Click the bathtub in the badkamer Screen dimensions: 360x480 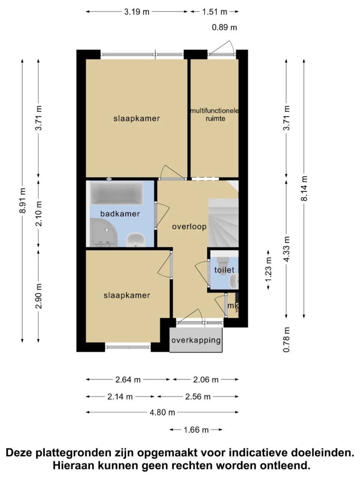[x=117, y=193]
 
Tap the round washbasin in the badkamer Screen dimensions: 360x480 [x=135, y=240]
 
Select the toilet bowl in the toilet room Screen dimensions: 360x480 [x=223, y=266]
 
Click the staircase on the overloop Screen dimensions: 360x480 [x=223, y=223]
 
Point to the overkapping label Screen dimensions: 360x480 [x=196, y=340]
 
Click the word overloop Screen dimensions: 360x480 [x=189, y=226]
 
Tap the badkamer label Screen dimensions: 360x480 [x=120, y=214]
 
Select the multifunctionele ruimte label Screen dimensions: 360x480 [x=214, y=115]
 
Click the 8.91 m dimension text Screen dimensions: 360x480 [x=22, y=200]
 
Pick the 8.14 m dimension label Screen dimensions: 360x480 [x=304, y=188]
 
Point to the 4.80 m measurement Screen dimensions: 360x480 [x=162, y=412]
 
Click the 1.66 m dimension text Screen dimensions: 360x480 [x=196, y=430]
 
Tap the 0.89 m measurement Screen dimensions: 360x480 [x=225, y=27]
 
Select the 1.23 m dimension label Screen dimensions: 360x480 [x=268, y=270]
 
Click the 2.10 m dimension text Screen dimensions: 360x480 [x=39, y=214]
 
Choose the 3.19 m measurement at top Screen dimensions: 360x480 [x=136, y=12]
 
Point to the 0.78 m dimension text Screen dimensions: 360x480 [x=286, y=340]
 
